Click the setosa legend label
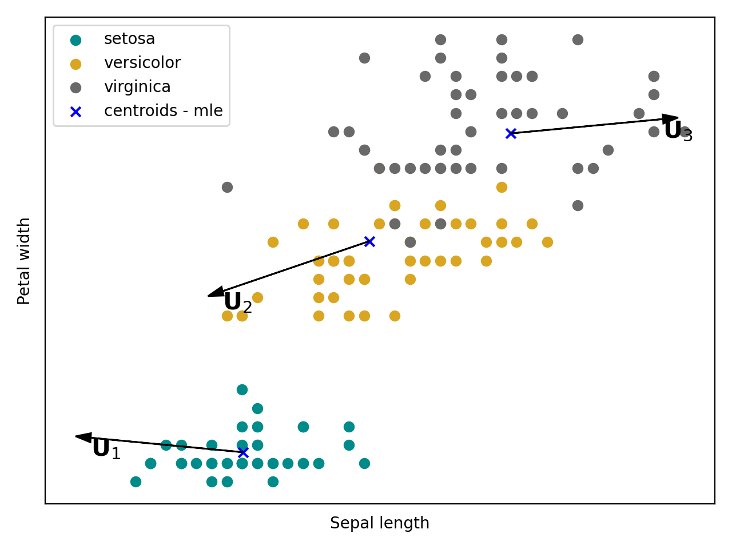coord(129,39)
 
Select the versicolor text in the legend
coord(142,63)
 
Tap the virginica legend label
coord(137,87)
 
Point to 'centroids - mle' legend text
coord(163,111)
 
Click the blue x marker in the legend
coord(75,112)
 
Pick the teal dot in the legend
coord(75,40)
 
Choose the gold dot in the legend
coord(75,64)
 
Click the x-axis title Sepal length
coord(379,523)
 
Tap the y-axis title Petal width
coord(24,261)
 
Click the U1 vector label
coord(106,449)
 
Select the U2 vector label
coord(237,303)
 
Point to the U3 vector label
coord(678,132)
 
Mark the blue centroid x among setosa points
coord(243,452)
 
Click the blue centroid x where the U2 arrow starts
coord(369,241)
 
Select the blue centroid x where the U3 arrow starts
coord(511,133)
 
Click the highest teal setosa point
coord(242,389)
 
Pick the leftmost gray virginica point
coord(227,187)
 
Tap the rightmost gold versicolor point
coord(547,242)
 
